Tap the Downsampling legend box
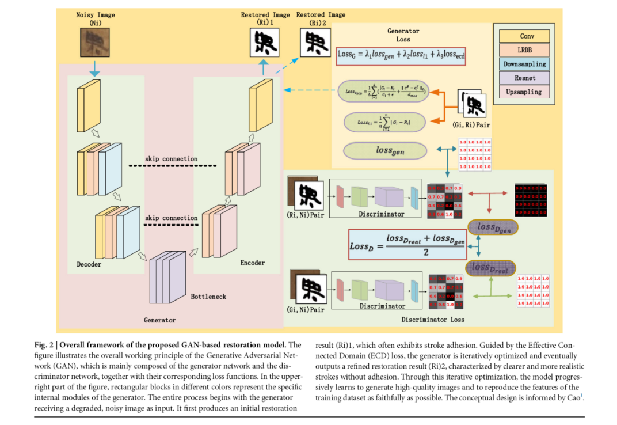pyautogui.click(x=523, y=64)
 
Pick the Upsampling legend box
pyautogui.click(x=523, y=92)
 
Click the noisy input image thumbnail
pyautogui.click(x=93, y=41)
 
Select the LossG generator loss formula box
pyautogui.click(x=401, y=55)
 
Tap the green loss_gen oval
pyautogui.click(x=385, y=151)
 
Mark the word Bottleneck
pyautogui.click(x=208, y=297)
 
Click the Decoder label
pyautogui.click(x=89, y=264)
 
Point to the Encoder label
pyautogui.click(x=252, y=263)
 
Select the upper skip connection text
pyautogui.click(x=171, y=159)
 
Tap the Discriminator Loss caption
pyautogui.click(x=433, y=319)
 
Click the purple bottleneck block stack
pyautogui.click(x=167, y=277)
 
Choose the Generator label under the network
pyautogui.click(x=159, y=320)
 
